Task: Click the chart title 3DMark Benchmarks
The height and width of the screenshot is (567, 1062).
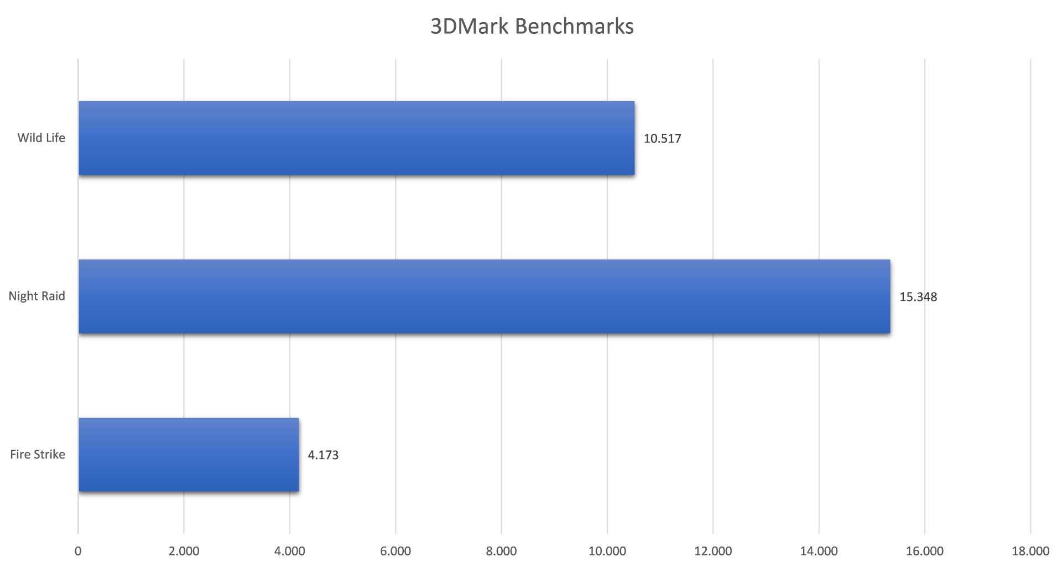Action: point(532,27)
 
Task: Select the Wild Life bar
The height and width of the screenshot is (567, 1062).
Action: point(356,138)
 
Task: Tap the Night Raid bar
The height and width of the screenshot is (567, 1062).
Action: point(484,296)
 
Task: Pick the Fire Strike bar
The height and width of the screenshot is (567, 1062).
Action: point(189,455)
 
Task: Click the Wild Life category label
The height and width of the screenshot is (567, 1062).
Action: point(41,138)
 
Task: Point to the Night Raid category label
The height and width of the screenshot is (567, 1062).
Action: point(37,296)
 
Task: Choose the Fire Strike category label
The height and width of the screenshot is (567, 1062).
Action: point(38,454)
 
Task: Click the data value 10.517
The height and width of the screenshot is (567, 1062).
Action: point(662,138)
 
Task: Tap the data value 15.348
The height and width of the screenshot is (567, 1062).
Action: point(918,297)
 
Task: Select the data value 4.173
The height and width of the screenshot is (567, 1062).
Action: point(323,455)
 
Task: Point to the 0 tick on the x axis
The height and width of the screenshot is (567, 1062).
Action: point(78,551)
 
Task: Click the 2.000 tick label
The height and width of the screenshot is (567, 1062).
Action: point(184,551)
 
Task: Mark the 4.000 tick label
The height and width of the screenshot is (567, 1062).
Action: point(290,551)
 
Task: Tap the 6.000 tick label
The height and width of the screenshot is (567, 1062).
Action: point(395,551)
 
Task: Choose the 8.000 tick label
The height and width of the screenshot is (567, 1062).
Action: point(501,551)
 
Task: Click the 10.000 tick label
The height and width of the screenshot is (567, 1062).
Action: point(607,551)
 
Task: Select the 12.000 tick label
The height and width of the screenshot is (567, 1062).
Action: point(713,551)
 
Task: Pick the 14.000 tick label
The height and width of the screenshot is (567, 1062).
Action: point(819,551)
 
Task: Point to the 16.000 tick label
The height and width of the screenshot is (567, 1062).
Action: point(924,551)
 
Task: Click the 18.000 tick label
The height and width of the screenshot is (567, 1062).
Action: point(1030,551)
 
